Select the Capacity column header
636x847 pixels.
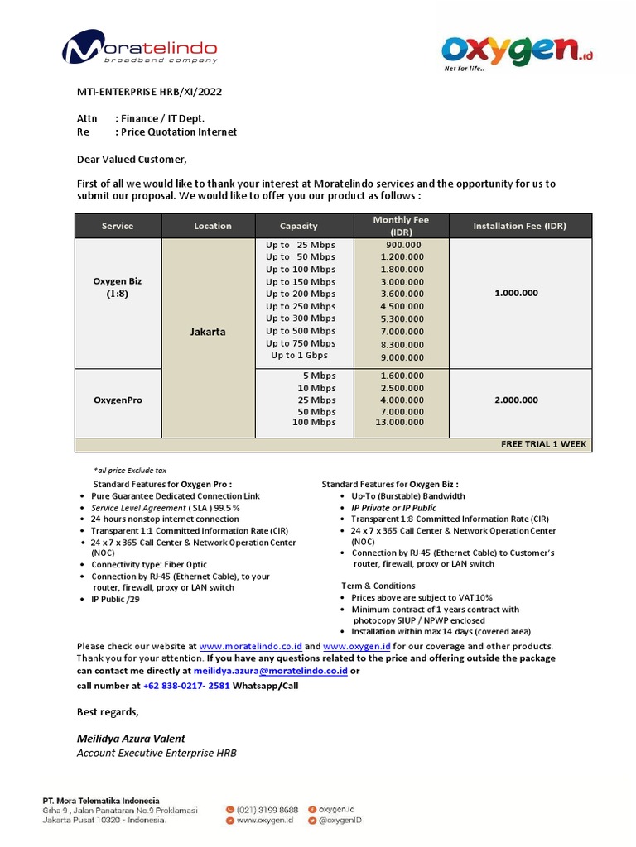(298, 226)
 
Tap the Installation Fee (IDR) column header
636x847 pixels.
(519, 226)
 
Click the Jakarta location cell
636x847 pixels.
(208, 332)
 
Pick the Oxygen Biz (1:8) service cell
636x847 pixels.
(117, 287)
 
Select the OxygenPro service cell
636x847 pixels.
(117, 400)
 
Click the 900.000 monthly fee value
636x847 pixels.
(402, 245)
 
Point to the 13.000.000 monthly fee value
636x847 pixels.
(400, 423)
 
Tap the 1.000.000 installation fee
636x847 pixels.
(517, 293)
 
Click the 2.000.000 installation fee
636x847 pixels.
(517, 400)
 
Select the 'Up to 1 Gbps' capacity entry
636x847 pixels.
(299, 356)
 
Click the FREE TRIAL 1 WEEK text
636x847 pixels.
(543, 444)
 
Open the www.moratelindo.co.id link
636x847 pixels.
(250, 646)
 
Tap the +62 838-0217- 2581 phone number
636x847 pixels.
(186, 686)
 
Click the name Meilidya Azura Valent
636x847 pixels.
(131, 739)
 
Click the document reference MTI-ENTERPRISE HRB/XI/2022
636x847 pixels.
(149, 92)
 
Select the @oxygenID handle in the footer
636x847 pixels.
(340, 821)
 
